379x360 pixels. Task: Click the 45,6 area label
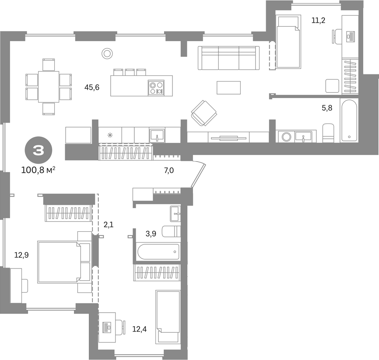pyautogui.click(x=92, y=87)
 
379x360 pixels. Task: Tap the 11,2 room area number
pyautogui.click(x=318, y=20)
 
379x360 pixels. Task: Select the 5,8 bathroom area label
pyautogui.click(x=327, y=108)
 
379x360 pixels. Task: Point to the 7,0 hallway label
pyautogui.click(x=169, y=170)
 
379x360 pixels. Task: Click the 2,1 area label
pyautogui.click(x=109, y=225)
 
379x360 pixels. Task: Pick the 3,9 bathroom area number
pyautogui.click(x=151, y=234)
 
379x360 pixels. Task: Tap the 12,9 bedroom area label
pyautogui.click(x=21, y=255)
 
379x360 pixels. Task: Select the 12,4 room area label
pyautogui.click(x=140, y=329)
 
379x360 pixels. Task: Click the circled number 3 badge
pyautogui.click(x=39, y=151)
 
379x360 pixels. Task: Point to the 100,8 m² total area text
pyautogui.click(x=38, y=170)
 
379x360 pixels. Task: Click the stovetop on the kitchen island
pyautogui.click(x=156, y=88)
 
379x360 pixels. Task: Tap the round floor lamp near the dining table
pyautogui.click(x=107, y=53)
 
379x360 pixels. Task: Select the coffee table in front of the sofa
pyautogui.click(x=228, y=88)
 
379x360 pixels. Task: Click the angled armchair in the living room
pyautogui.click(x=204, y=113)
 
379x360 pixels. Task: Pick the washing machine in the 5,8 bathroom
pyautogui.click(x=287, y=137)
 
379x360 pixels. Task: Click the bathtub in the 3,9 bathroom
pyautogui.click(x=158, y=252)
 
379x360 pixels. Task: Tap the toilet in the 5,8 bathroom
pyautogui.click(x=329, y=133)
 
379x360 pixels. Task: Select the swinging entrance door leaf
pyautogui.click(x=198, y=175)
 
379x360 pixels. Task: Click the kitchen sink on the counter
pyautogui.click(x=157, y=135)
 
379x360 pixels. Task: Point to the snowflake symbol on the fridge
pyautogui.click(x=110, y=135)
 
